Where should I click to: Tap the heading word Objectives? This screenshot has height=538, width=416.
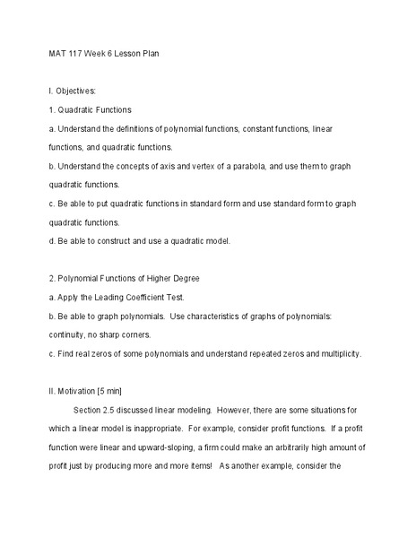click(x=76, y=91)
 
